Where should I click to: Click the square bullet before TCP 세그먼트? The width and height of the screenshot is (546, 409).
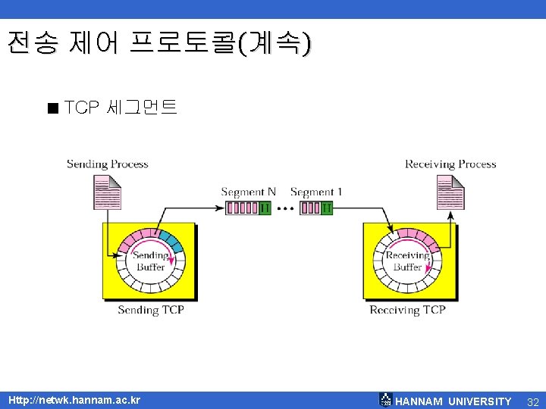(52, 108)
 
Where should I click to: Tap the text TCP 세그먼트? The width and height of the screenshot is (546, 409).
(121, 108)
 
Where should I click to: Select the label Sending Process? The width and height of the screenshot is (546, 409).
(107, 164)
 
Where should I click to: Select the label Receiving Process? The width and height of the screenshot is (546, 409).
(450, 164)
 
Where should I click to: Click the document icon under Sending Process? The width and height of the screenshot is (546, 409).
(107, 192)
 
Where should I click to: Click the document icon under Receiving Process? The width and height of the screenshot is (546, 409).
(450, 192)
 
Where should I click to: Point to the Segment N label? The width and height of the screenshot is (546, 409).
(248, 192)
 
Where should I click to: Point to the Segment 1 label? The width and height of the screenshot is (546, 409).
(316, 192)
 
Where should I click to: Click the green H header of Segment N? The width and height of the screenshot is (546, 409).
(265, 208)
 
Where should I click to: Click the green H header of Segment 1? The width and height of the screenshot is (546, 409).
(326, 208)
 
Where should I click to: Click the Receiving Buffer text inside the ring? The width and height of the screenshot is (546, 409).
(407, 261)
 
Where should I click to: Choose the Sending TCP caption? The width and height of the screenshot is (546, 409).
(150, 310)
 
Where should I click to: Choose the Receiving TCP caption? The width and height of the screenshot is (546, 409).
(407, 310)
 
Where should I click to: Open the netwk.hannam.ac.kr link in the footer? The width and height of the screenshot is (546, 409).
(74, 400)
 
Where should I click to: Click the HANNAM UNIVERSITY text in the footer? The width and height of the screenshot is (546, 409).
(453, 401)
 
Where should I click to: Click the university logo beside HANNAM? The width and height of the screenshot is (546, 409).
(385, 400)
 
